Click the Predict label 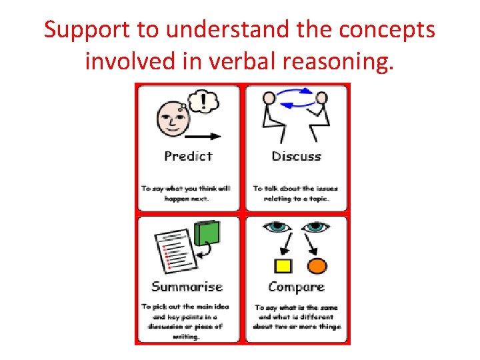(x=188, y=157)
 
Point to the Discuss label (x=296, y=157)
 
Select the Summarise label (x=187, y=287)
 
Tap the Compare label (x=296, y=287)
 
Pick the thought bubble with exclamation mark (x=203, y=101)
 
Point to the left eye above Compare (x=277, y=227)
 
